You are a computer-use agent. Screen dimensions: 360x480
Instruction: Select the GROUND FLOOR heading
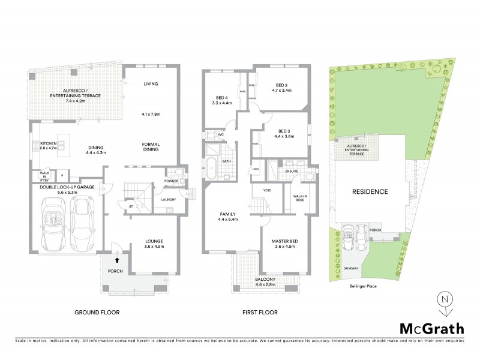(x=97, y=313)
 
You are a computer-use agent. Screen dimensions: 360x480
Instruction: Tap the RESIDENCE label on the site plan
(x=370, y=192)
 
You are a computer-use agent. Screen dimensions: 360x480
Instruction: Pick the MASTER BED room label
(x=285, y=241)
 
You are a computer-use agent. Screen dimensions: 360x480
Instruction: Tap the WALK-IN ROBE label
(x=301, y=199)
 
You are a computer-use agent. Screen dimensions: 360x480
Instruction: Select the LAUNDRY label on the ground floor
(x=168, y=200)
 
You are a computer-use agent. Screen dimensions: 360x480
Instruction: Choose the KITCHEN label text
(x=48, y=144)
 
